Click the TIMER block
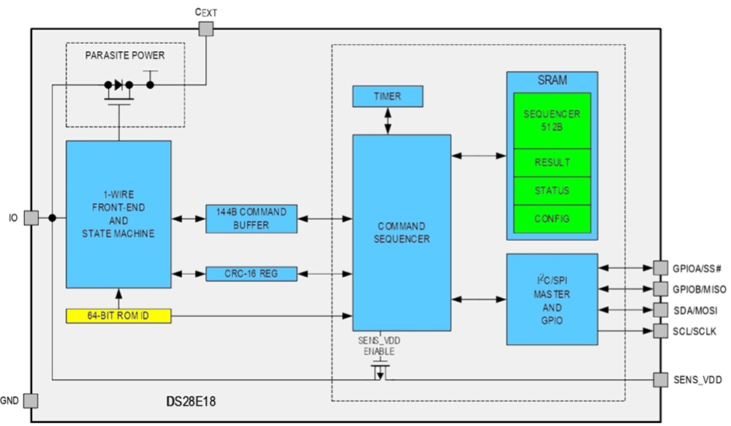pyautogui.click(x=387, y=96)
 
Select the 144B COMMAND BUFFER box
pyautogui.click(x=251, y=218)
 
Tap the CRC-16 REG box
pyautogui.click(x=251, y=274)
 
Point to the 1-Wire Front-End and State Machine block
pyautogui.click(x=118, y=214)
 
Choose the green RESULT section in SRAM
pyautogui.click(x=552, y=162)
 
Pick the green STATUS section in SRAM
pyautogui.click(x=552, y=191)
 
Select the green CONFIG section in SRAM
pyautogui.click(x=552, y=218)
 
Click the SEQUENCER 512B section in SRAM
pyautogui.click(x=552, y=120)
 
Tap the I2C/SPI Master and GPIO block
pyautogui.click(x=552, y=299)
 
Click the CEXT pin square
pyautogui.click(x=206, y=28)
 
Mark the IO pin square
pyautogui.click(x=31, y=218)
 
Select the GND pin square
pyautogui.click(x=31, y=400)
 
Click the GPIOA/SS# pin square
pyautogui.click(x=660, y=267)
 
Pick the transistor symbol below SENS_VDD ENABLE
pyautogui.click(x=379, y=374)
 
